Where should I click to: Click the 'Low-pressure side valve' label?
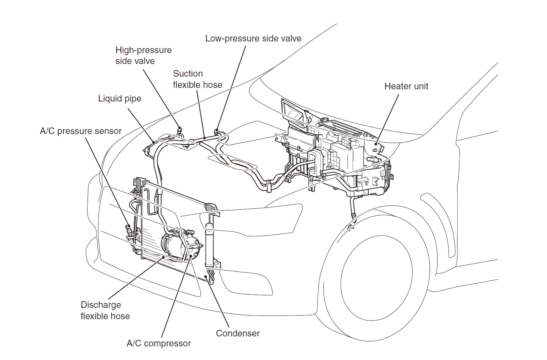[253, 38]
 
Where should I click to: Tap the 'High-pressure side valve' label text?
[144, 55]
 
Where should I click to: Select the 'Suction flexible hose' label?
[198, 79]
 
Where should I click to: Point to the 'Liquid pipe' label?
[120, 99]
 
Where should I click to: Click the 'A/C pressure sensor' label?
[81, 131]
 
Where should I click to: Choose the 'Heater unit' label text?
[406, 86]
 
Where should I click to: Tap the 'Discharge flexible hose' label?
[105, 310]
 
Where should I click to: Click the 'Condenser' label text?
[238, 333]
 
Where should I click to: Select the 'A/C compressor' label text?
[159, 343]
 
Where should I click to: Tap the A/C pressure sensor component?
[128, 230]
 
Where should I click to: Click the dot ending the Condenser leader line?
[206, 276]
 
